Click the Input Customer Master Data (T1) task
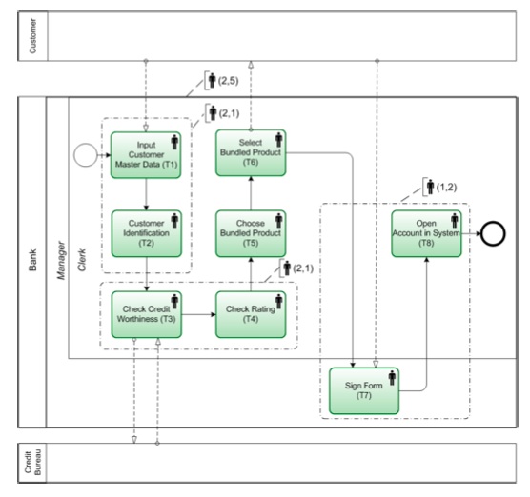(x=146, y=153)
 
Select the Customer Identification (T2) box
(x=146, y=233)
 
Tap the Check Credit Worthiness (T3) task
(x=146, y=313)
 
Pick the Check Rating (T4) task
(x=251, y=313)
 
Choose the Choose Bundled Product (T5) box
(x=251, y=233)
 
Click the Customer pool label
(x=33, y=35)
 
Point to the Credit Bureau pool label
(x=33, y=464)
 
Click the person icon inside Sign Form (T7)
(x=392, y=379)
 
